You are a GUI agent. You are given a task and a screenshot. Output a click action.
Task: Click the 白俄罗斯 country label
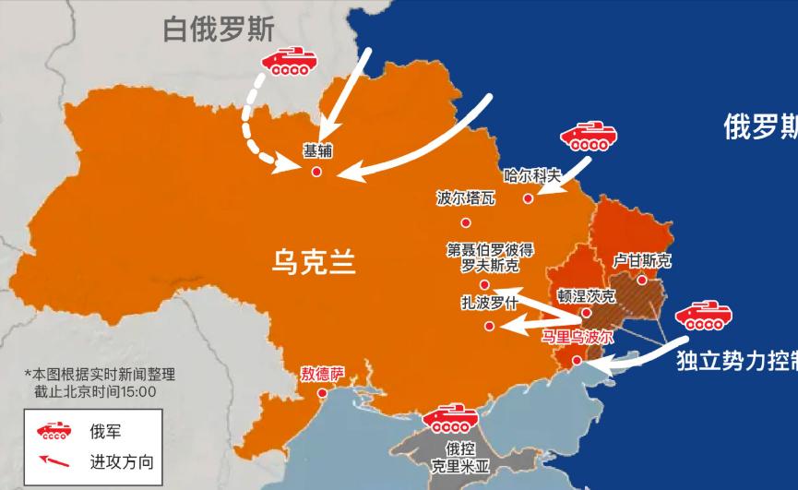tap(219, 30)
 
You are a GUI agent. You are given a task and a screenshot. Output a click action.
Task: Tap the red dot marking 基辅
tap(316, 172)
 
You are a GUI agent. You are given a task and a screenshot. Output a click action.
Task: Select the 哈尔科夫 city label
tap(533, 174)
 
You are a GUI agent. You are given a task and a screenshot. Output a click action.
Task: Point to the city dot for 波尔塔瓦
tap(466, 222)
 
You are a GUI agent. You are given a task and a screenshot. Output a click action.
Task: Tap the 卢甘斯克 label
tap(642, 261)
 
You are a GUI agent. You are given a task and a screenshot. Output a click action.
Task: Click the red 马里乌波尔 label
tap(577, 337)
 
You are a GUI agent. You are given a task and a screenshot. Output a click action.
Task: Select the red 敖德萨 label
tap(322, 375)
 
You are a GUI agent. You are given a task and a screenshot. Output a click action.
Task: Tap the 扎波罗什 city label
tap(490, 303)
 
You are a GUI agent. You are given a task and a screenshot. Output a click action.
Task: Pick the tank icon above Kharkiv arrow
tap(588, 138)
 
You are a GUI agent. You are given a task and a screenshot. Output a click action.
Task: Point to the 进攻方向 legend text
tap(122, 461)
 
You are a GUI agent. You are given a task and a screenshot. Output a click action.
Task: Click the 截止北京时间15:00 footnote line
tap(95, 391)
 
